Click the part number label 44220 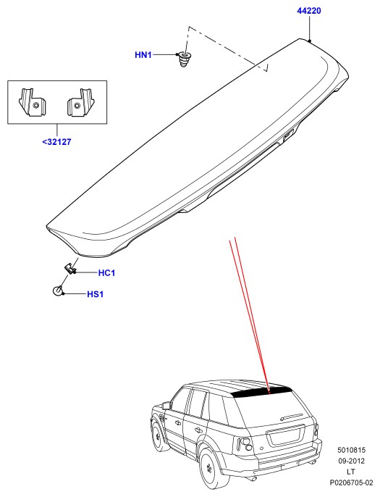(309, 11)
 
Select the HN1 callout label (143, 55)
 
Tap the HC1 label (106, 273)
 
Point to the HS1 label (96, 294)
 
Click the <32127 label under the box (56, 142)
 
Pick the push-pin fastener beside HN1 (183, 59)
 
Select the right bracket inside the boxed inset (81, 102)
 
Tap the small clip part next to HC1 (70, 269)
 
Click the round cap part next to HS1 (58, 291)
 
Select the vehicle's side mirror (165, 405)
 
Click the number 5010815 (351, 450)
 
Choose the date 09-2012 (351, 461)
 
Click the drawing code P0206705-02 (351, 483)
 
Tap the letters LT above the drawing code (351, 472)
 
